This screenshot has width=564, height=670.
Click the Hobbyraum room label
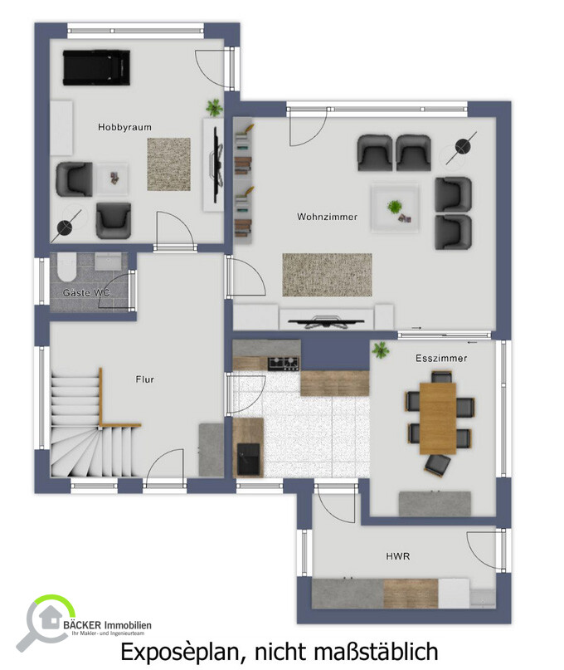click(x=124, y=127)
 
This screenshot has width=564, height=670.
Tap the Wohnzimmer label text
click(x=327, y=217)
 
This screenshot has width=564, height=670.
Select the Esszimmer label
click(x=441, y=358)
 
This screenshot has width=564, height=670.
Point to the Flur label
click(x=145, y=379)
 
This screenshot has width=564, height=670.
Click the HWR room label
click(x=397, y=556)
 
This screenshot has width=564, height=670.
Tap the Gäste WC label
click(x=86, y=293)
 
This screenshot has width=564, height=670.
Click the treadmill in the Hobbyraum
click(x=96, y=67)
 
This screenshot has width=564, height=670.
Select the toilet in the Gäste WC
click(x=66, y=267)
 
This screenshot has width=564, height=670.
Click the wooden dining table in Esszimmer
click(x=438, y=418)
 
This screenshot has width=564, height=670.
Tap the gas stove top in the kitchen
click(x=284, y=363)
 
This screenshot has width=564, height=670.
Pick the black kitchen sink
click(x=248, y=459)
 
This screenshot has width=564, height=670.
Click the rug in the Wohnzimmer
click(x=327, y=275)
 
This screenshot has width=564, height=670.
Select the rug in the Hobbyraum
click(x=168, y=164)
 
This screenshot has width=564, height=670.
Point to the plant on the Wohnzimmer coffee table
click(x=394, y=208)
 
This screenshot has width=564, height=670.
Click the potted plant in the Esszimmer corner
click(x=380, y=350)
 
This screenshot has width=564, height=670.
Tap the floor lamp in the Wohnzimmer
click(x=462, y=148)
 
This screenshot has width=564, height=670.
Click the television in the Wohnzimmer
click(x=326, y=322)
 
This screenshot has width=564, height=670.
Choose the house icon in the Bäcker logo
click(x=49, y=618)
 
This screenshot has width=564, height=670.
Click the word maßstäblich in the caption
click(x=376, y=652)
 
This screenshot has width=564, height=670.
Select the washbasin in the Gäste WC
click(x=108, y=261)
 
